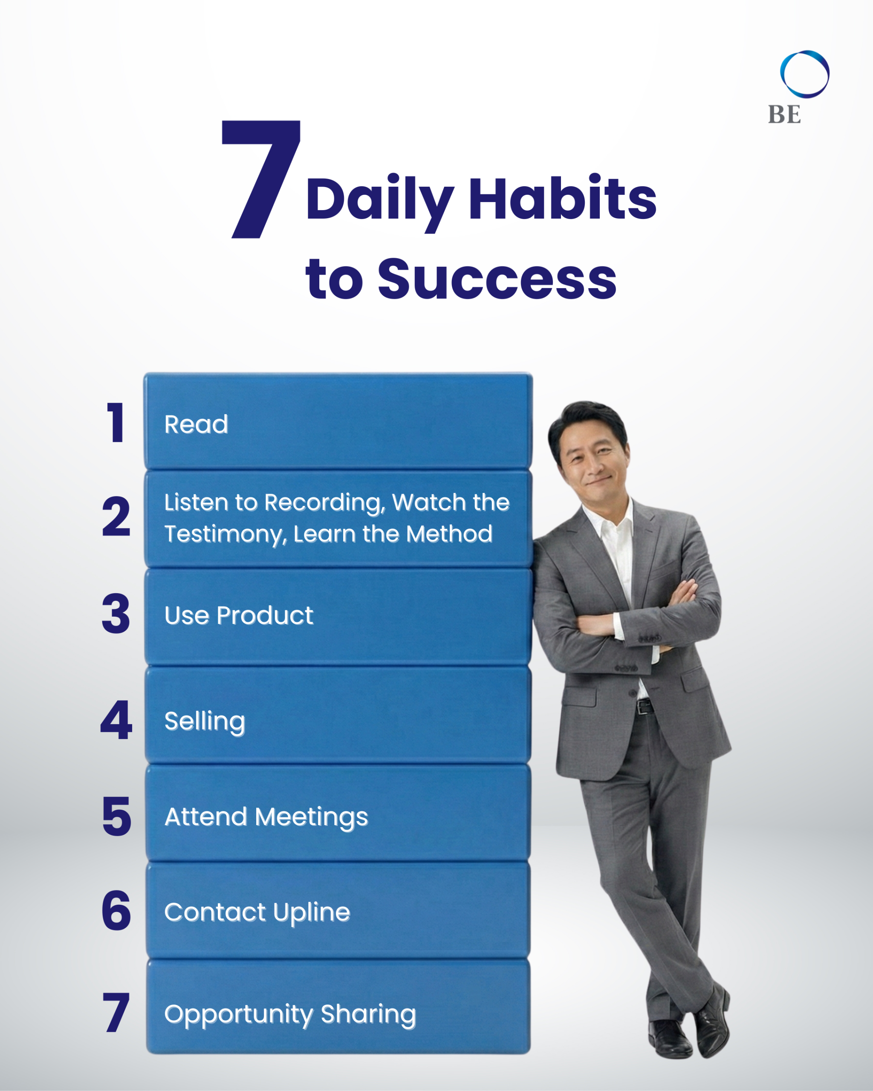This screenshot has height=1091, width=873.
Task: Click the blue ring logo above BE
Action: pos(805,74)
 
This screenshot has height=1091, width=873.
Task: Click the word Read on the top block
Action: pos(197,424)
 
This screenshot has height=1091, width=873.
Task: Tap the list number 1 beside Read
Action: pos(116,422)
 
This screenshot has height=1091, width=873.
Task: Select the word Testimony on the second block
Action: pos(225,535)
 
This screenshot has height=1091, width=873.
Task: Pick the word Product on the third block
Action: pos(265,615)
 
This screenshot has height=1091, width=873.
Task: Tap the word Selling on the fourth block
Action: pos(205,721)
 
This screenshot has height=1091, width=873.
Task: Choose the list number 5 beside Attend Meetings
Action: pos(116,816)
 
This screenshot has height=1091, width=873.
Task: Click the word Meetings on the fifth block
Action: pos(311,818)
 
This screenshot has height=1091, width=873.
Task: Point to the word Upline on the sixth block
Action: pos(311,913)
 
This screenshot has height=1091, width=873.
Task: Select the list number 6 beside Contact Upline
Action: pos(116,911)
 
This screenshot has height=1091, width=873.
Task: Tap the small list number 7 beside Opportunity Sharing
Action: pos(116,1012)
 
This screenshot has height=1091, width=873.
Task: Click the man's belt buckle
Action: pos(643,707)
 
